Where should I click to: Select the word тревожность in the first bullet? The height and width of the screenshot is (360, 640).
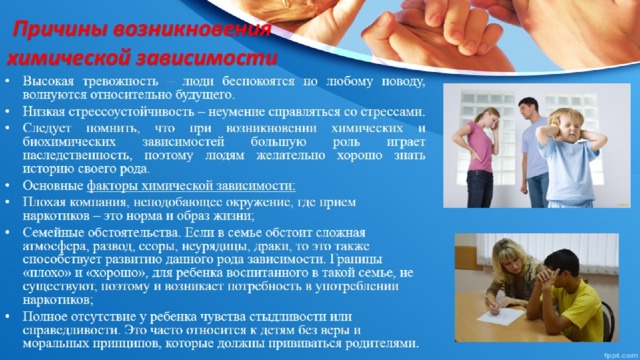pyautogui.click(x=118, y=80)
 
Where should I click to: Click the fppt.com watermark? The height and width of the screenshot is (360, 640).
pyautogui.click(x=622, y=353)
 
